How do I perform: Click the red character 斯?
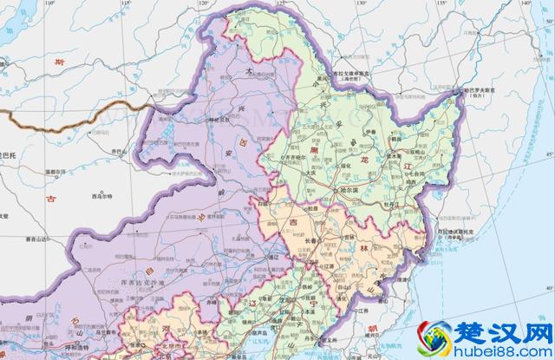click(59, 62)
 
